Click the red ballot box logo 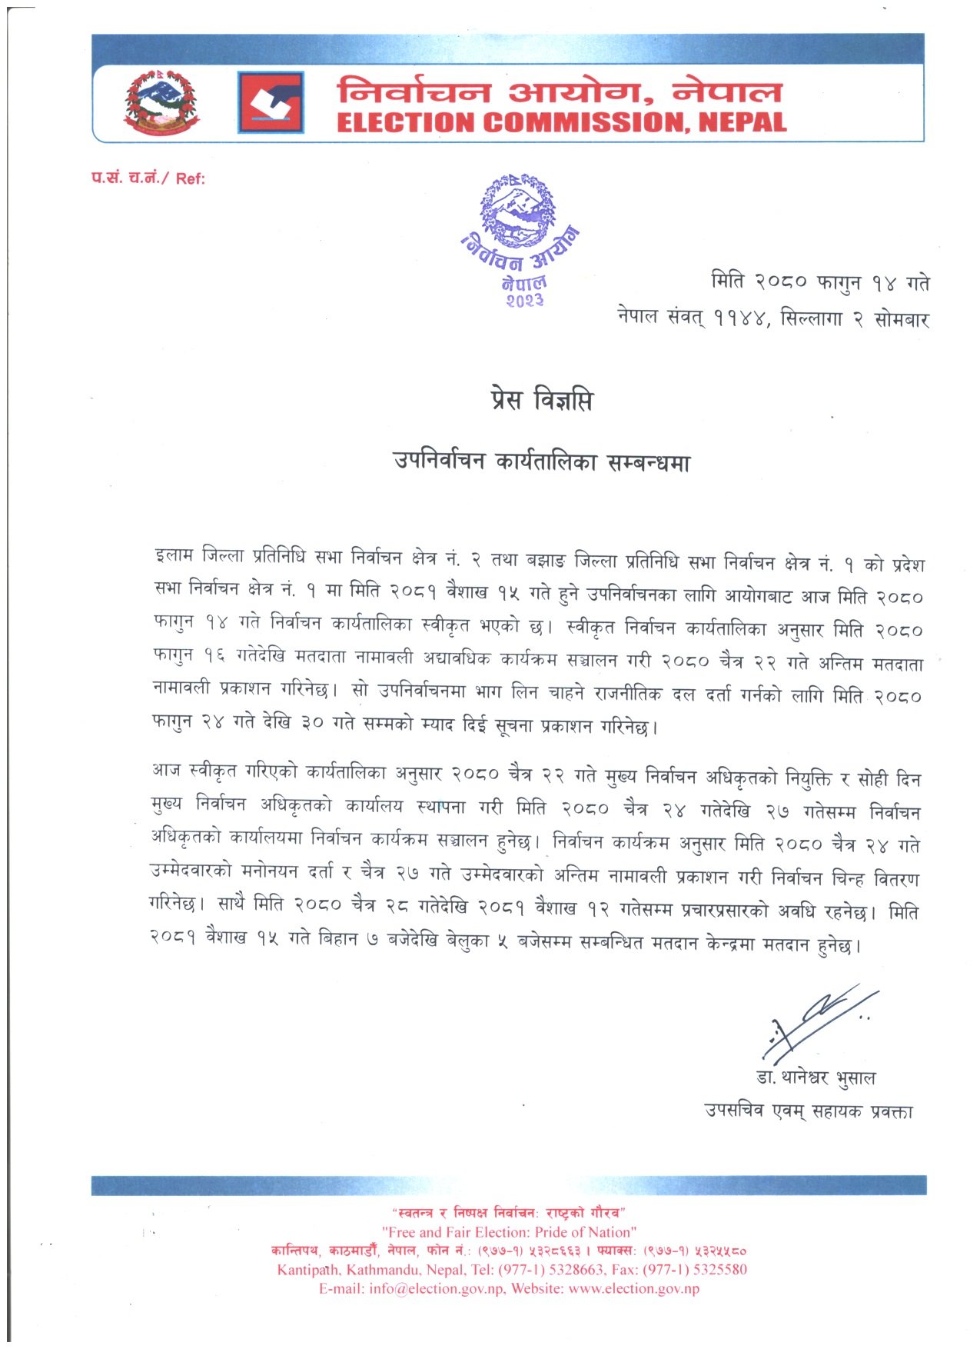[x=270, y=103]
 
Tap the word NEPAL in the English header [x=742, y=122]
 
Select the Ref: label [x=190, y=179]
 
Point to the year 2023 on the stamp [x=524, y=301]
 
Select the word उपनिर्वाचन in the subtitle [x=439, y=461]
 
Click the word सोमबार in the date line [x=902, y=319]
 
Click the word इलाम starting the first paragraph [x=173, y=556]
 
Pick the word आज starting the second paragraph [x=165, y=771]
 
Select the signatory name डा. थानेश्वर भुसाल [x=816, y=1078]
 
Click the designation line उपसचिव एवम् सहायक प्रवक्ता [x=809, y=1111]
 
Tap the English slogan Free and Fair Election [x=509, y=1231]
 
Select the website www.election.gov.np [x=633, y=1288]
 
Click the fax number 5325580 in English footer [x=719, y=1269]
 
